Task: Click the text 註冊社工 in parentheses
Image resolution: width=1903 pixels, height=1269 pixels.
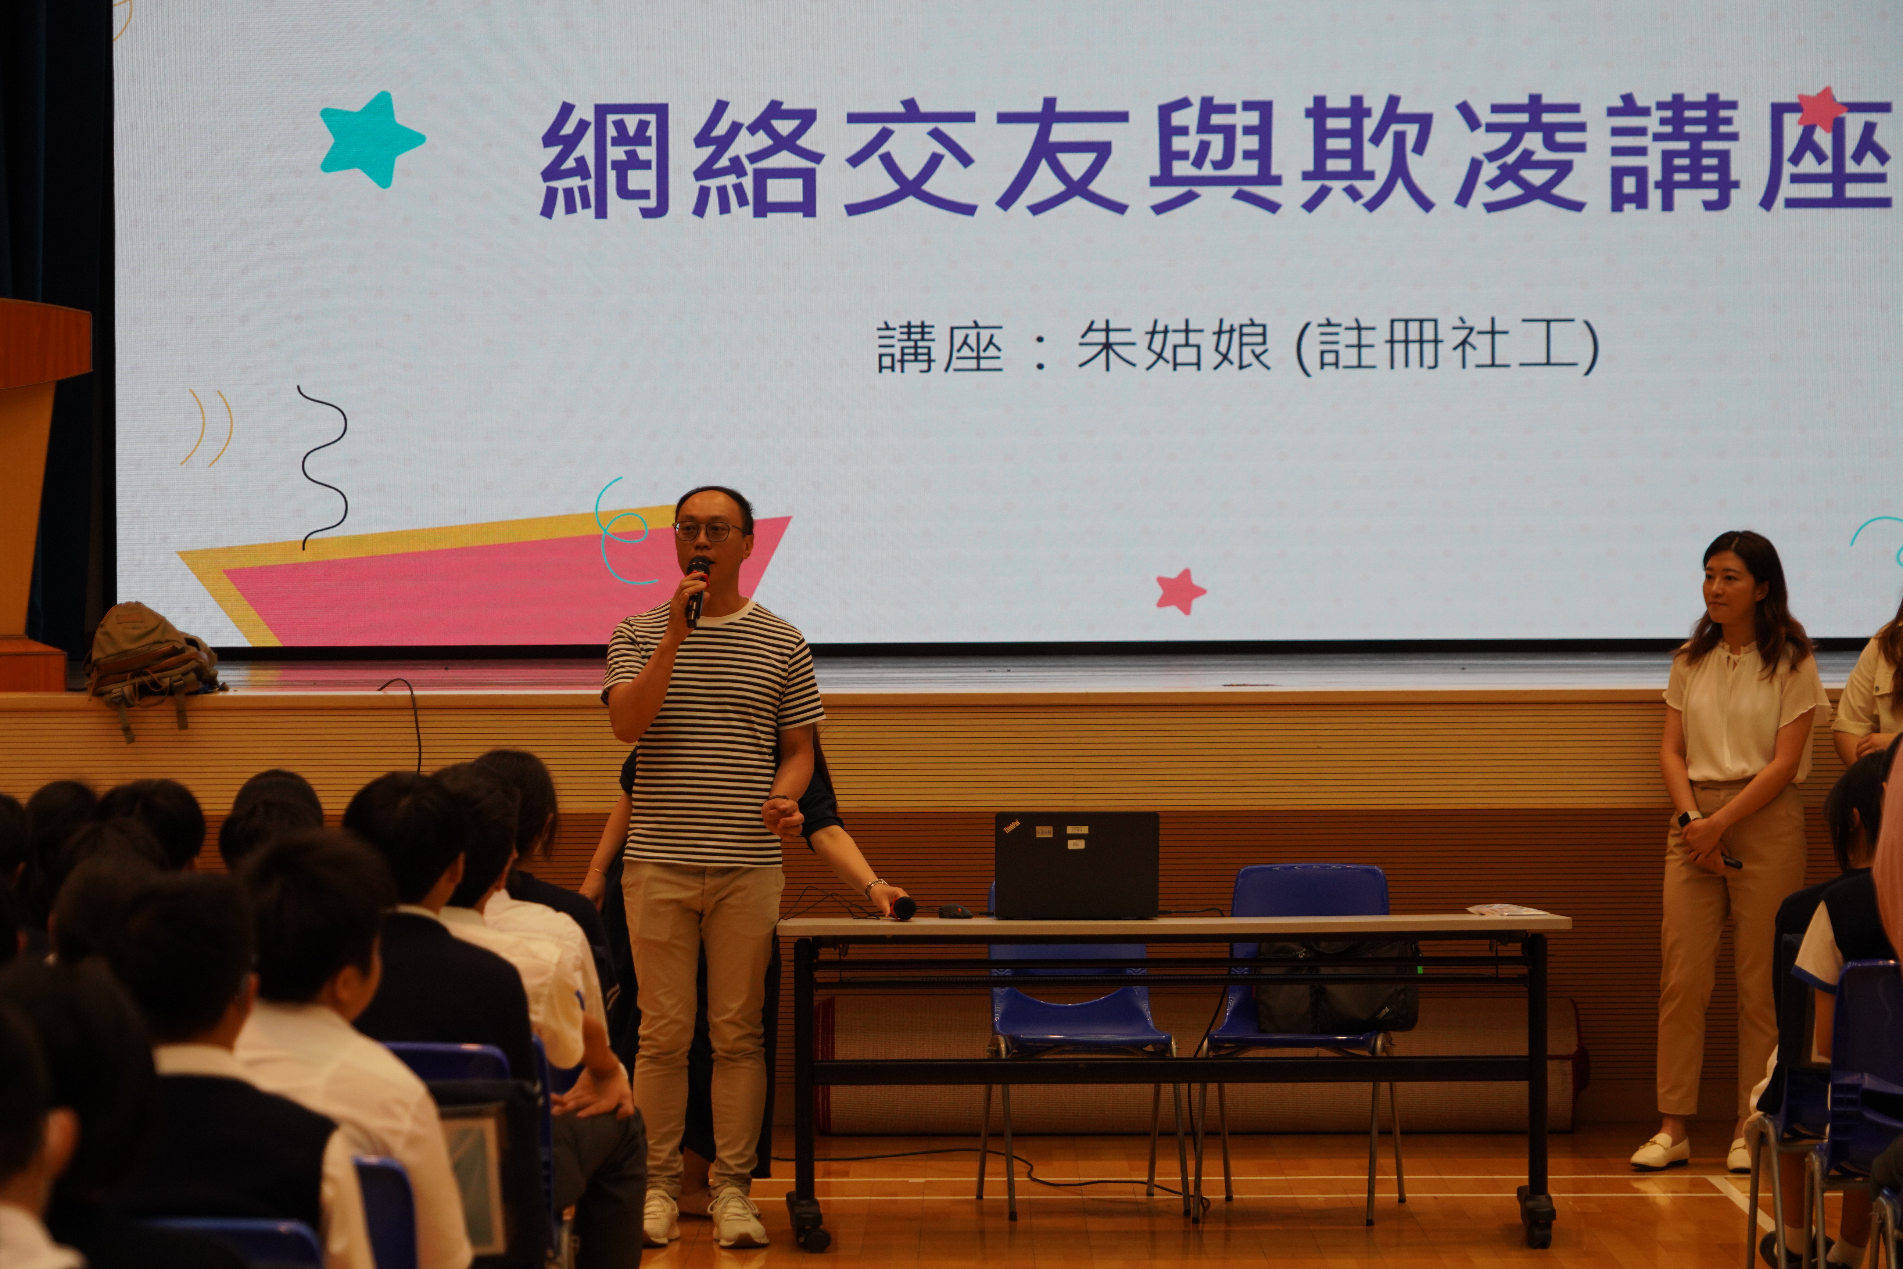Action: pyautogui.click(x=1447, y=347)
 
